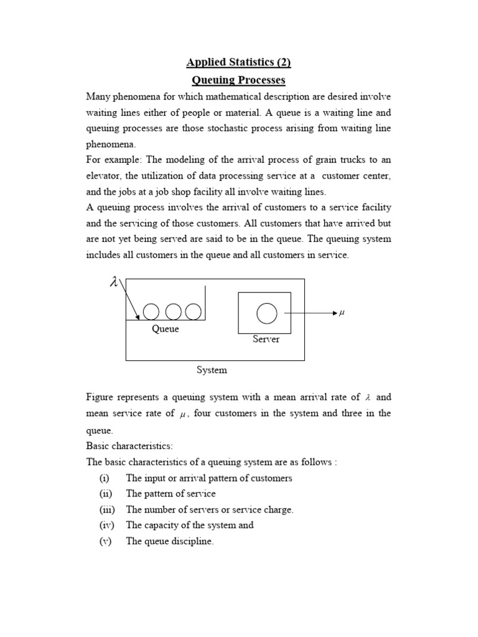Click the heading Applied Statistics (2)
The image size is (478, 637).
(x=239, y=62)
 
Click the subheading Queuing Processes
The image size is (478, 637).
(x=239, y=80)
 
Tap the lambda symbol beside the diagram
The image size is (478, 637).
(x=113, y=282)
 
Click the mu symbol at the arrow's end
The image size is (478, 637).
(x=341, y=313)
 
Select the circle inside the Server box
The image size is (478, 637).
(x=266, y=313)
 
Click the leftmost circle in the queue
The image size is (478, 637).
(x=151, y=312)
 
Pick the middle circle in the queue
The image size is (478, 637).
(x=173, y=312)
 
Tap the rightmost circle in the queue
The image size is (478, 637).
(x=194, y=312)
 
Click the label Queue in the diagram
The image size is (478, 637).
(x=165, y=329)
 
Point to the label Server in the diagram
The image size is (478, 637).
(x=266, y=339)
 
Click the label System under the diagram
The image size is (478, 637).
(x=212, y=370)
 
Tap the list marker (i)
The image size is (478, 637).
(x=104, y=478)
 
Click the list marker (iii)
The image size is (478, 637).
(x=105, y=509)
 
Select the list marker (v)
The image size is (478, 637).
(x=105, y=541)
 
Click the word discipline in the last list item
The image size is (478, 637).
(x=192, y=541)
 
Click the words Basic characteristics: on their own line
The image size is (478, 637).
(x=129, y=447)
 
